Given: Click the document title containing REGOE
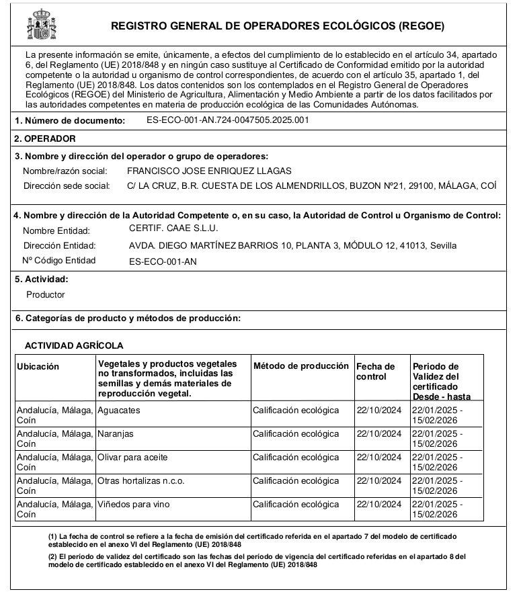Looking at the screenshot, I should [277, 26].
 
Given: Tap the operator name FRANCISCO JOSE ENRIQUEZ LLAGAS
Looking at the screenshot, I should [209, 171].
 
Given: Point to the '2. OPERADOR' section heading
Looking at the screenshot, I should [46, 138].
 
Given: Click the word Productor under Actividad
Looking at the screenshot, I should [46, 294].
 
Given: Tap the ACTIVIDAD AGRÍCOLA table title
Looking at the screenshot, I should [74, 345].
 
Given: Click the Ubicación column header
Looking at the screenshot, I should [38, 366].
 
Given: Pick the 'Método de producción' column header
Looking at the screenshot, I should [301, 366].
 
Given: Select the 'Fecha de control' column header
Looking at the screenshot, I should [376, 371].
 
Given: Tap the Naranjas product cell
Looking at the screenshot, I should [115, 434].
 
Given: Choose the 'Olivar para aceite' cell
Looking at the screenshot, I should [132, 458].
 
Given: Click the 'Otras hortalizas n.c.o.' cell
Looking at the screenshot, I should [141, 481].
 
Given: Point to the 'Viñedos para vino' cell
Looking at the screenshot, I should [133, 505].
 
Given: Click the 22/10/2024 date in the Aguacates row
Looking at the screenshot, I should [378, 410].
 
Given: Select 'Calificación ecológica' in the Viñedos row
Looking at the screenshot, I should [296, 505].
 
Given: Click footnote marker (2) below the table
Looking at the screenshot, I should [52, 557].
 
